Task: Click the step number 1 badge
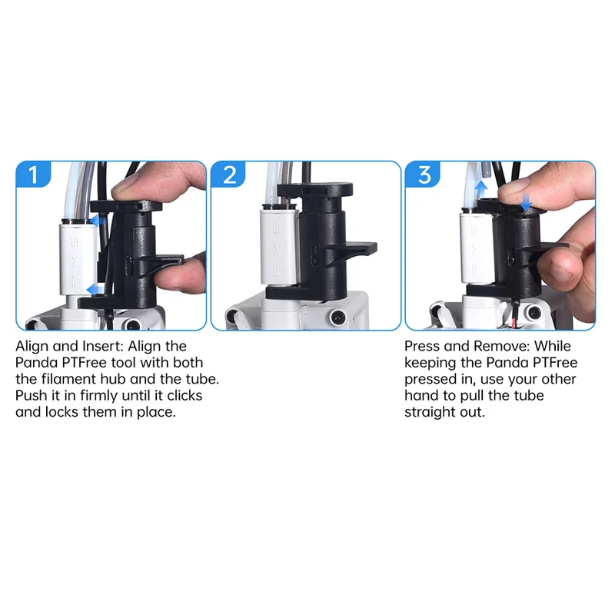point(33,175)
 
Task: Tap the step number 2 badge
point(228,175)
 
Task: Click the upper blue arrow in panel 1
point(98,221)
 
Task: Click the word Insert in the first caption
point(103,347)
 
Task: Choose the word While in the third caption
point(553,347)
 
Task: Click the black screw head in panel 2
point(337,316)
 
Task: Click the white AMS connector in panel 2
point(279,248)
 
